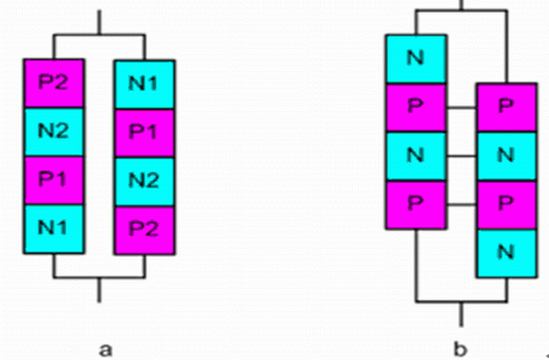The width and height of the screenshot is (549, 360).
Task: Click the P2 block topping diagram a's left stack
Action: [x=54, y=83]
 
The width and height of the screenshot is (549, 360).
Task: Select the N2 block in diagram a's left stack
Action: [x=54, y=132]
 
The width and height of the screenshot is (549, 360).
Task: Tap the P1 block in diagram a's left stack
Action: [x=54, y=181]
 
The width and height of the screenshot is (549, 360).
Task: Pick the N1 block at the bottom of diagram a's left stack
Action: [x=54, y=229]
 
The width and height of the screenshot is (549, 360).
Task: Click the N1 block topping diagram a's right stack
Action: [x=145, y=84]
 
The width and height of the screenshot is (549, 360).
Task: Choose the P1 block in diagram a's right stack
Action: [x=145, y=134]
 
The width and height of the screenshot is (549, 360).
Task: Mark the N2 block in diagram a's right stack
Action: [x=145, y=182]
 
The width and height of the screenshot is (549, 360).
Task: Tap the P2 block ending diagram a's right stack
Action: [x=145, y=230]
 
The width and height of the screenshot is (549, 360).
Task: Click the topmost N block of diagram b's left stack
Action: [x=416, y=59]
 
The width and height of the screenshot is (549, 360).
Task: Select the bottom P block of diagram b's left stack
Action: [x=416, y=205]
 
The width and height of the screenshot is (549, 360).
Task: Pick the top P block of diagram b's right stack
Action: [x=506, y=107]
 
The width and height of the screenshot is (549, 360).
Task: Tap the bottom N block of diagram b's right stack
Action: [x=506, y=254]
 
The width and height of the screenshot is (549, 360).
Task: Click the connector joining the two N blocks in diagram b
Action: [x=461, y=156]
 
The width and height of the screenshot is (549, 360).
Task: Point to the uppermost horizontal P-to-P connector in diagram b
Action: [x=461, y=108]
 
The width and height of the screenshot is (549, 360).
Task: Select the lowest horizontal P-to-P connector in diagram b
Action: [x=461, y=205]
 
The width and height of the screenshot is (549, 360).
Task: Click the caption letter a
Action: [x=106, y=350]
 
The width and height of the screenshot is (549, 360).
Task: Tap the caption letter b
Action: [x=460, y=349]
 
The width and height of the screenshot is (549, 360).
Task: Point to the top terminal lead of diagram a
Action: [x=99, y=23]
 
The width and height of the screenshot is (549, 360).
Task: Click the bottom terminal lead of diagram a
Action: [x=99, y=290]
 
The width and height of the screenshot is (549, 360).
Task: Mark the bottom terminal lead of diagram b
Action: [x=461, y=315]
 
